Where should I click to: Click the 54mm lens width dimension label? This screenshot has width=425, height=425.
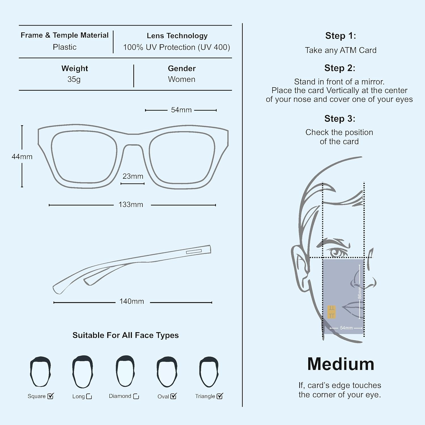pos(181,110)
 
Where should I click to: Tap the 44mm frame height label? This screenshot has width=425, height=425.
pos(22,157)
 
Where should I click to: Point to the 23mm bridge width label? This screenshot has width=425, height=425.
pos(133,176)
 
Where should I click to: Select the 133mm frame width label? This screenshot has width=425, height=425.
pos(131,205)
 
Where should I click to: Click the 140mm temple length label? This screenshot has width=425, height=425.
pos(131,301)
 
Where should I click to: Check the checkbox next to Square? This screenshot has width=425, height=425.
pos(50,396)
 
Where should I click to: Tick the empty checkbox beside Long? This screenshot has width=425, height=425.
pos(89,396)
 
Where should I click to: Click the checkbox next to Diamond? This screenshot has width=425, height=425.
pos(136,396)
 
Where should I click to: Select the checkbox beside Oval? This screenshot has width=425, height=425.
pos(173,396)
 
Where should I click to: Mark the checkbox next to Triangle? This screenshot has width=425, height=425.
pos(220,396)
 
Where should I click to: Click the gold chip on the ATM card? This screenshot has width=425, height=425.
pos(331,312)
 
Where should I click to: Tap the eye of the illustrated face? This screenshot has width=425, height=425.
pos(337,252)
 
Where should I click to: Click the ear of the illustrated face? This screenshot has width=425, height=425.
pos(299,263)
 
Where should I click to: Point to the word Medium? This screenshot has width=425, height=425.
pos(341,364)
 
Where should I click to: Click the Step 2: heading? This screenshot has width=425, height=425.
pos(340,68)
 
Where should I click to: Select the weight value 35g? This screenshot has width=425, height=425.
pos(74,79)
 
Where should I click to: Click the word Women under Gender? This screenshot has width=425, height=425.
pos(182,79)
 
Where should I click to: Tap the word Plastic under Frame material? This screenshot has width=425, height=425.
pos(65,47)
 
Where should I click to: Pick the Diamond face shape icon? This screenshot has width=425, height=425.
pos(125,371)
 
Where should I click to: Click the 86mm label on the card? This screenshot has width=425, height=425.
pos(360,292)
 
